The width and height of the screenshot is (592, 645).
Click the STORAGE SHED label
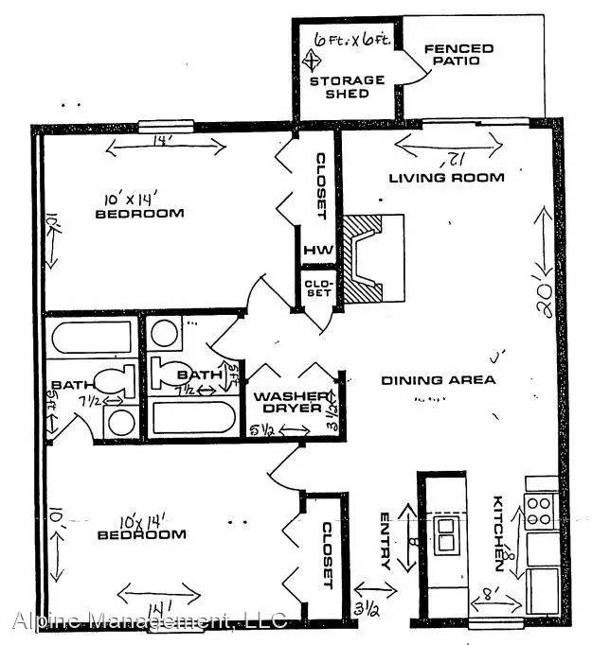point(348,87)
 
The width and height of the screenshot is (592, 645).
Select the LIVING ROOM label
point(446,177)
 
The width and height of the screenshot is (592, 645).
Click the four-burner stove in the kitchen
point(539,512)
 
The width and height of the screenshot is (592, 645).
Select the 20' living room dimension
point(544,280)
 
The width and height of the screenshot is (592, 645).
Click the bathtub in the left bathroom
point(91,338)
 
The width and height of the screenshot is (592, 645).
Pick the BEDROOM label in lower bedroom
point(141,534)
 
